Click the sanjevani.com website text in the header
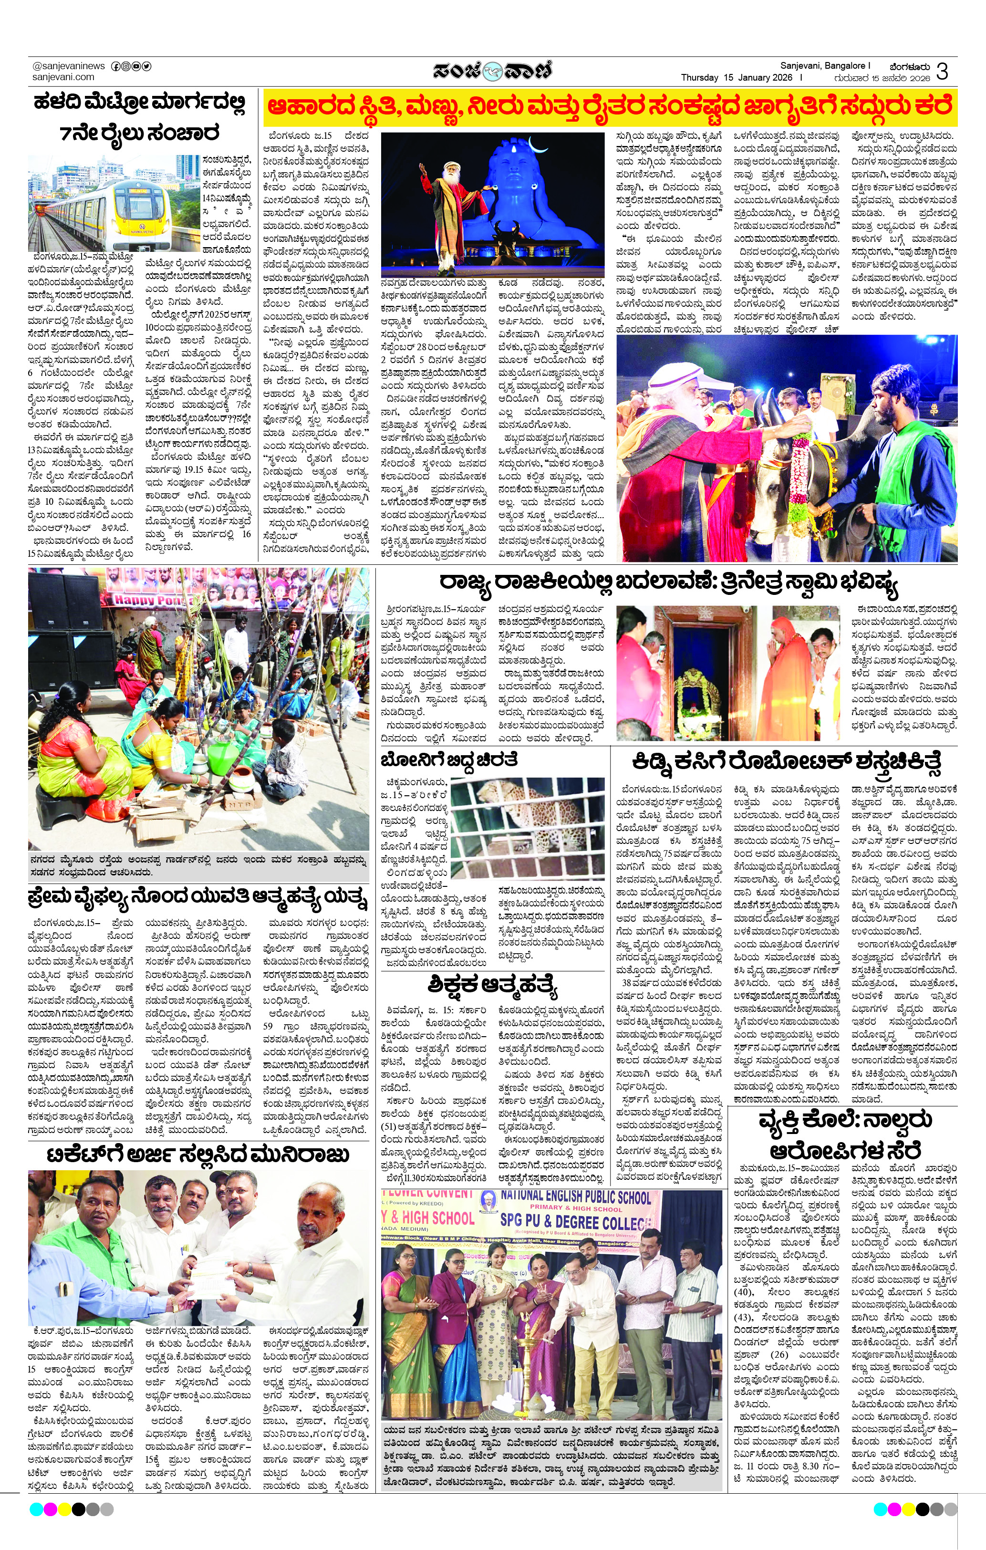click(63, 77)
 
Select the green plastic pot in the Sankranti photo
click(219, 753)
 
